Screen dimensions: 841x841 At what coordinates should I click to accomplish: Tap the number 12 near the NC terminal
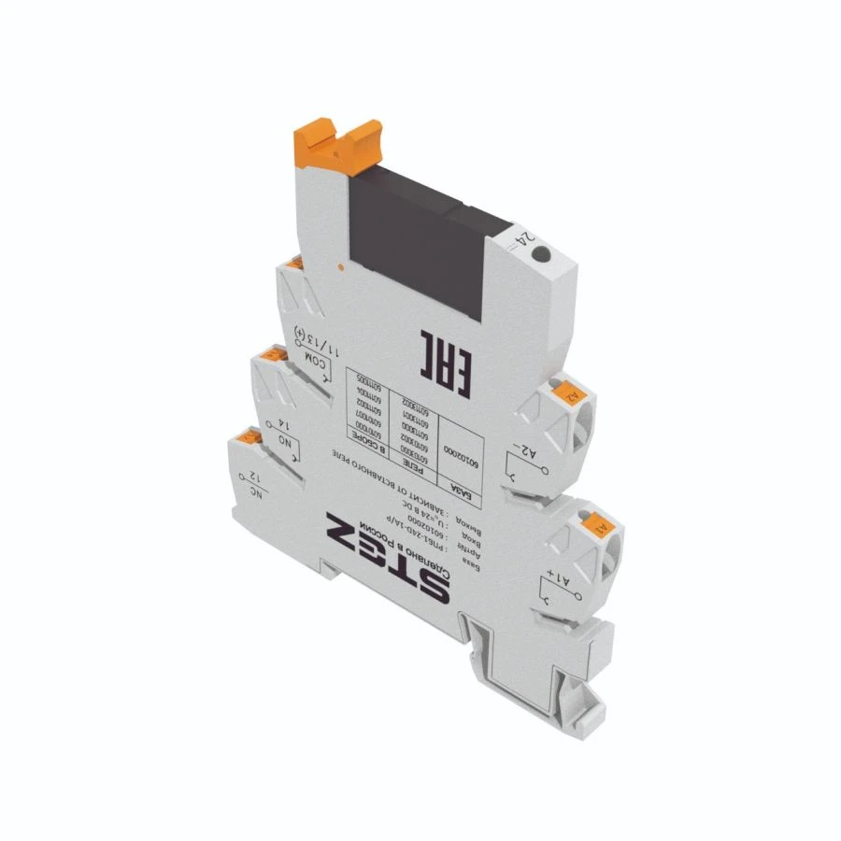click(x=251, y=478)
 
